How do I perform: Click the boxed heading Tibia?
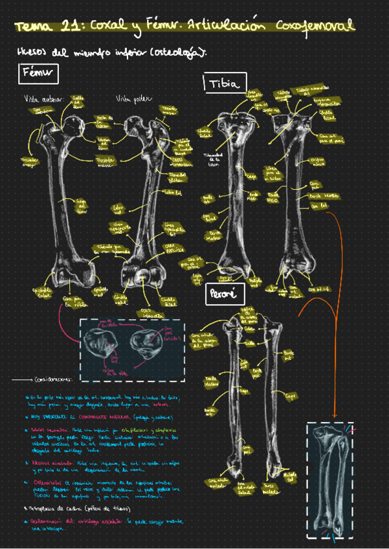click(x=225, y=84)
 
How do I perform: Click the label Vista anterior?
click(x=43, y=99)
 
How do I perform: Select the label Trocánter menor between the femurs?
click(x=106, y=161)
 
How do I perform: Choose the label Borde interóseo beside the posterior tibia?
click(x=322, y=194)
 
